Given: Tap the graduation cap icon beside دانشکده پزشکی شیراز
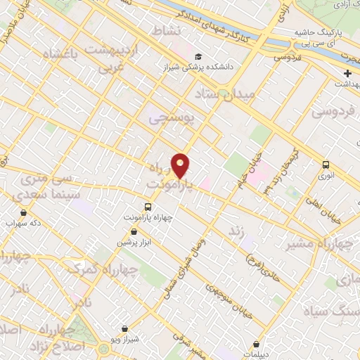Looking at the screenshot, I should point(198,57).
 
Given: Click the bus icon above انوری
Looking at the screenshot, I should point(325,165).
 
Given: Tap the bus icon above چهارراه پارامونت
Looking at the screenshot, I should point(148,206).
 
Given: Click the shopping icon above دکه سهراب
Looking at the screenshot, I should point(24,212).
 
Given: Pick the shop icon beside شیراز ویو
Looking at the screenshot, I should point(125,328).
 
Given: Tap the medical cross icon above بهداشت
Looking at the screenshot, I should point(347,73).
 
